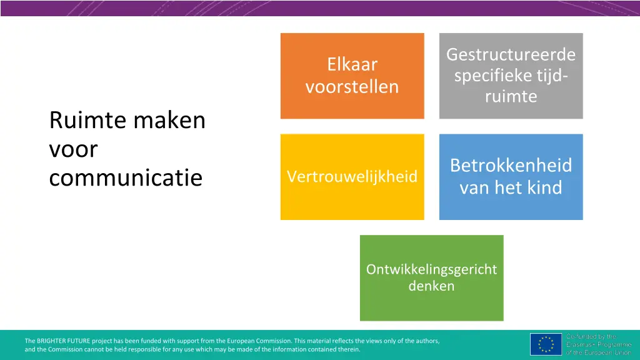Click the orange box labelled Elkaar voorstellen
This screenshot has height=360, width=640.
pos(352,76)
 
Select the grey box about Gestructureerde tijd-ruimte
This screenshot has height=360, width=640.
pos(511,76)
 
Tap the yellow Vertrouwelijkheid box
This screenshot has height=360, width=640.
pos(352,177)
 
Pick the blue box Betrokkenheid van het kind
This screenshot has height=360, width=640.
pos(511,177)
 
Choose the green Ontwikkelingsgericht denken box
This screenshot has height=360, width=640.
pos(431,278)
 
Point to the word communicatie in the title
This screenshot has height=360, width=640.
pos(126,178)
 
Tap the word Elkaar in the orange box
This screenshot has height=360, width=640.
pos(352,64)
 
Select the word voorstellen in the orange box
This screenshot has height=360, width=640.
pos(352,87)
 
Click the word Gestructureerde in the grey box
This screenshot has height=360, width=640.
pos(511,55)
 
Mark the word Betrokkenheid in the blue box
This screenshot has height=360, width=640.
pos(511,166)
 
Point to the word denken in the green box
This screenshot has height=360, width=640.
pos(431,287)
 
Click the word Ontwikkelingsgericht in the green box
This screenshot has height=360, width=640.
pos(431,269)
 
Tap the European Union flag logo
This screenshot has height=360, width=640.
pos(546,344)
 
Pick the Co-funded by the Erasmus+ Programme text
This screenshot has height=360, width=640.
pos(599,344)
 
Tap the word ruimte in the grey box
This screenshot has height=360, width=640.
pos(511,97)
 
